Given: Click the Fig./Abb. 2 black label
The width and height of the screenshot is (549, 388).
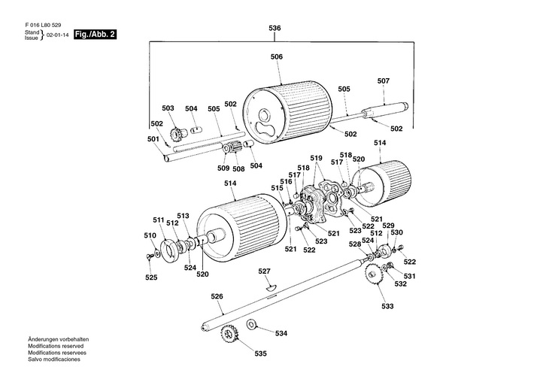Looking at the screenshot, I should [x=96, y=35].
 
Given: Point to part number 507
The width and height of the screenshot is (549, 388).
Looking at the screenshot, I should [x=383, y=80].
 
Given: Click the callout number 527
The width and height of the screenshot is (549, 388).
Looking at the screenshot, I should [x=264, y=271].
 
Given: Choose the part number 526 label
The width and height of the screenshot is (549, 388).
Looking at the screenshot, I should [x=217, y=296].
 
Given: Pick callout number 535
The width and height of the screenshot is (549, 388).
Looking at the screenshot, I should [x=259, y=353].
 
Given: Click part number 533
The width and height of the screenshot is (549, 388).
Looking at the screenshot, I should [x=387, y=306].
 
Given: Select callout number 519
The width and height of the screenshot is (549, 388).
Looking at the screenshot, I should [x=317, y=159].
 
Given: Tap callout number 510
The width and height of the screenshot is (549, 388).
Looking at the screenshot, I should [x=150, y=235].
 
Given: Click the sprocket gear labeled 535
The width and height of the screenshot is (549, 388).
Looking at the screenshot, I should [x=229, y=333].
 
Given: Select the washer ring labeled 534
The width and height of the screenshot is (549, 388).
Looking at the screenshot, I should [x=251, y=326].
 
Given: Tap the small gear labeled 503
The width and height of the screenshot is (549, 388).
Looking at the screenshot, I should [x=178, y=135].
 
